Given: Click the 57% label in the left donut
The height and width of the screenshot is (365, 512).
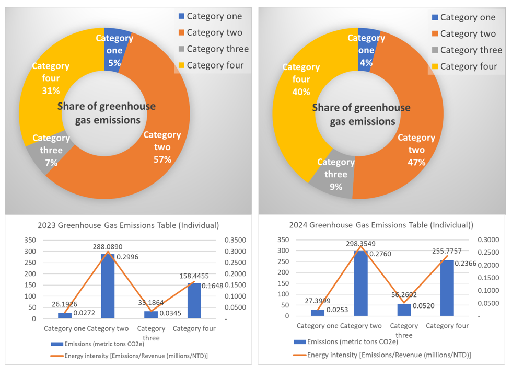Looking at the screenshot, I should tap(162, 159).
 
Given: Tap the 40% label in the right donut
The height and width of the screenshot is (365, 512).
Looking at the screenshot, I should tap(301, 92).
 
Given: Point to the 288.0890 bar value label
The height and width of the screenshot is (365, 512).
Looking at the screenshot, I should tap(108, 246).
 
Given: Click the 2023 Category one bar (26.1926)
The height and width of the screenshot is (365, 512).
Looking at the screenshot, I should tap(65, 315).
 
